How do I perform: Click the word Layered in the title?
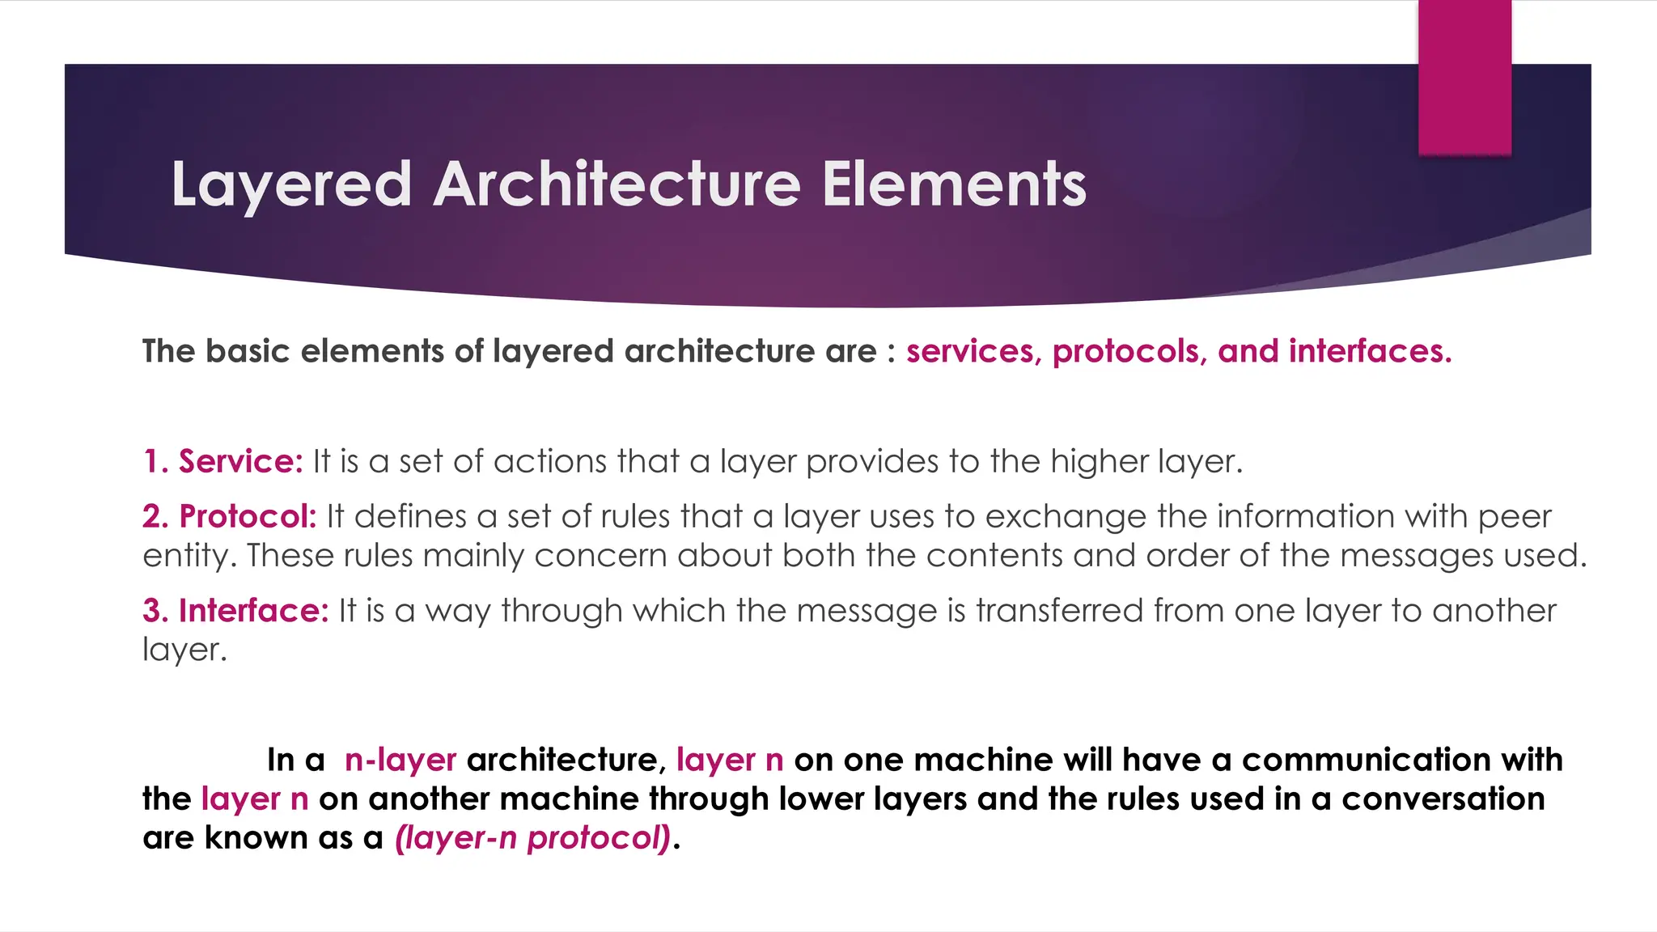[x=291, y=184]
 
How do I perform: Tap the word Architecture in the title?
[x=617, y=184]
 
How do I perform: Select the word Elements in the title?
[x=954, y=184]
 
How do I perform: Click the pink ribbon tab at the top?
[x=1464, y=77]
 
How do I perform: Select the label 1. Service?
[x=222, y=461]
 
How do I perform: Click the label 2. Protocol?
[x=230, y=516]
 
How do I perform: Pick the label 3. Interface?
[x=235, y=611]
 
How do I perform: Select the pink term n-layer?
[x=400, y=760]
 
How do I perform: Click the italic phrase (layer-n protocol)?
[x=533, y=838]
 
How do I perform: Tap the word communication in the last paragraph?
[x=1366, y=760]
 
